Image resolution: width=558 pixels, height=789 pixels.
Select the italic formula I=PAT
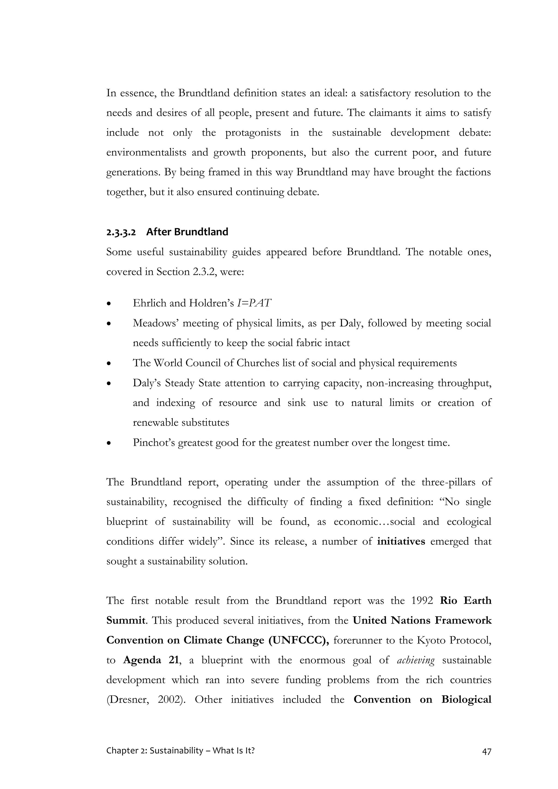coord(254,303)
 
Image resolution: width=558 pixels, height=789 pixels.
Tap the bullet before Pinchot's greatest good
coord(109,444)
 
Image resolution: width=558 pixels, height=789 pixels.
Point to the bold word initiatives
coord(401,542)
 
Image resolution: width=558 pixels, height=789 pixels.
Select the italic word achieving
coord(416,660)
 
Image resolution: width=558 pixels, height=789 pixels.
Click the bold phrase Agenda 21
coord(151,660)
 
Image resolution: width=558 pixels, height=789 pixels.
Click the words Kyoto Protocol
coord(454,640)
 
